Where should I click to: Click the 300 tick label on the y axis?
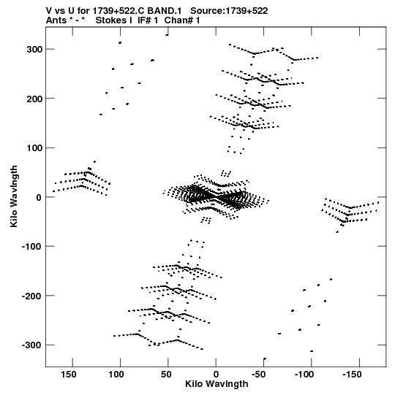[34, 50]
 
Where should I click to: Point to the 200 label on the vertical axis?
[34, 99]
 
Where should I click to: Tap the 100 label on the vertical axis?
[34, 148]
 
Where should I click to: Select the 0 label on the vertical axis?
[39, 197]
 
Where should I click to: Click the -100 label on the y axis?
[32, 246]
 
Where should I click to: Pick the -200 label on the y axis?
[32, 296]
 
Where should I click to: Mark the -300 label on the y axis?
[32, 345]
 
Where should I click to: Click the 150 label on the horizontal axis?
[69, 375]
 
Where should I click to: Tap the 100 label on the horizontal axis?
[116, 375]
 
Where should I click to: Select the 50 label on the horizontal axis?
[166, 375]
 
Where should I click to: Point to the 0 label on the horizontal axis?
[216, 375]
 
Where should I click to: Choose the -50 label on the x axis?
[258, 375]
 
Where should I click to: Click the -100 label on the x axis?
[304, 375]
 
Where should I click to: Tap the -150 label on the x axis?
[352, 375]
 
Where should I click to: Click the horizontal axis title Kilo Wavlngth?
[217, 384]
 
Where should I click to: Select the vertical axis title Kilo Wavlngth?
[14, 196]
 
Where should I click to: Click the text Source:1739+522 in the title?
[229, 11]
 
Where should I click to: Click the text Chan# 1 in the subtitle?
[182, 20]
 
